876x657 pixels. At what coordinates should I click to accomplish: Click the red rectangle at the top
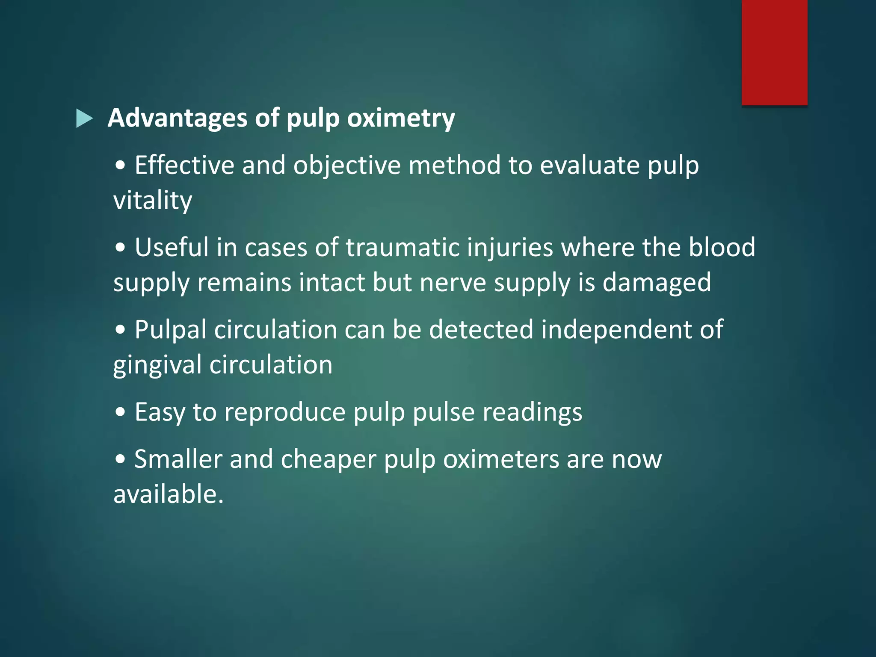click(774, 52)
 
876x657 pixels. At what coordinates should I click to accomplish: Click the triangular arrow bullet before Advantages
click(84, 118)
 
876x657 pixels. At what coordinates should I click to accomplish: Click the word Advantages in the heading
click(178, 118)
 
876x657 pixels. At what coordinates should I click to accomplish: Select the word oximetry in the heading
click(401, 118)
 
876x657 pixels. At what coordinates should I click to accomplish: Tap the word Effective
click(184, 166)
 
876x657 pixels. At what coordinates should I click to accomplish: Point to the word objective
click(347, 166)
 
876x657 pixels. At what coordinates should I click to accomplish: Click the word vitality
click(153, 201)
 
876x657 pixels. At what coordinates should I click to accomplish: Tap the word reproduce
click(284, 412)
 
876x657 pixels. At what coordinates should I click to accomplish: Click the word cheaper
click(328, 460)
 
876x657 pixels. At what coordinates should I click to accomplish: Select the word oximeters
click(501, 460)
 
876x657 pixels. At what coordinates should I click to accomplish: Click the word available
click(168, 495)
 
